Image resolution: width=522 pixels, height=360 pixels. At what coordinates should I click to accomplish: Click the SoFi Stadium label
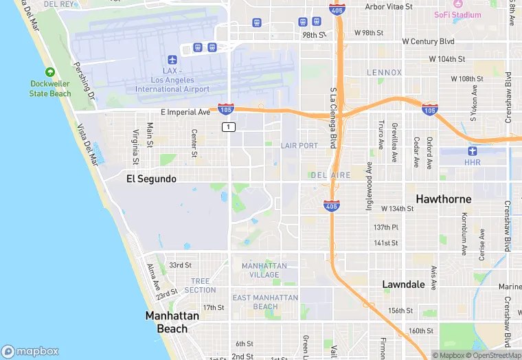(x=457, y=14)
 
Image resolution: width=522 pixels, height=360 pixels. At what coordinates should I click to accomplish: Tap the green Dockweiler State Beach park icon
(x=49, y=72)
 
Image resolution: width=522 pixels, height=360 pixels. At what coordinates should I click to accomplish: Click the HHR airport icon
(x=472, y=151)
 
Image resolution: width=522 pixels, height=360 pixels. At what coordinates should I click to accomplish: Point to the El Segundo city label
(x=151, y=179)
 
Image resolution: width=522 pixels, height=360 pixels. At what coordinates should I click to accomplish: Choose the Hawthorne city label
(x=443, y=199)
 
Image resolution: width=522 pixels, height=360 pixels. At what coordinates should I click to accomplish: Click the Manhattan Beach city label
(x=172, y=322)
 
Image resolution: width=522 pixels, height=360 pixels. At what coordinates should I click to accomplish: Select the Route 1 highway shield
(x=228, y=127)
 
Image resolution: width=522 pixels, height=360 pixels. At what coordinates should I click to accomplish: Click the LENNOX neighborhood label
(x=384, y=72)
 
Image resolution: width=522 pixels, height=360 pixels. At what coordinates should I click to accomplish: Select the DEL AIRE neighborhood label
(x=330, y=175)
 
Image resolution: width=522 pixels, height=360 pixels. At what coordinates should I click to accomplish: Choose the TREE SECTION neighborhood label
(x=200, y=285)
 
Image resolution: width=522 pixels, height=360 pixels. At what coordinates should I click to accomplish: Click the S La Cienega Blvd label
(x=333, y=117)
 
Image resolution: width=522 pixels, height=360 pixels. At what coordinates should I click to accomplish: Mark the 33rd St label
(x=180, y=265)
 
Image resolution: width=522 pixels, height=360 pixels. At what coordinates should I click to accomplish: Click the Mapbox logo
(x=31, y=350)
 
